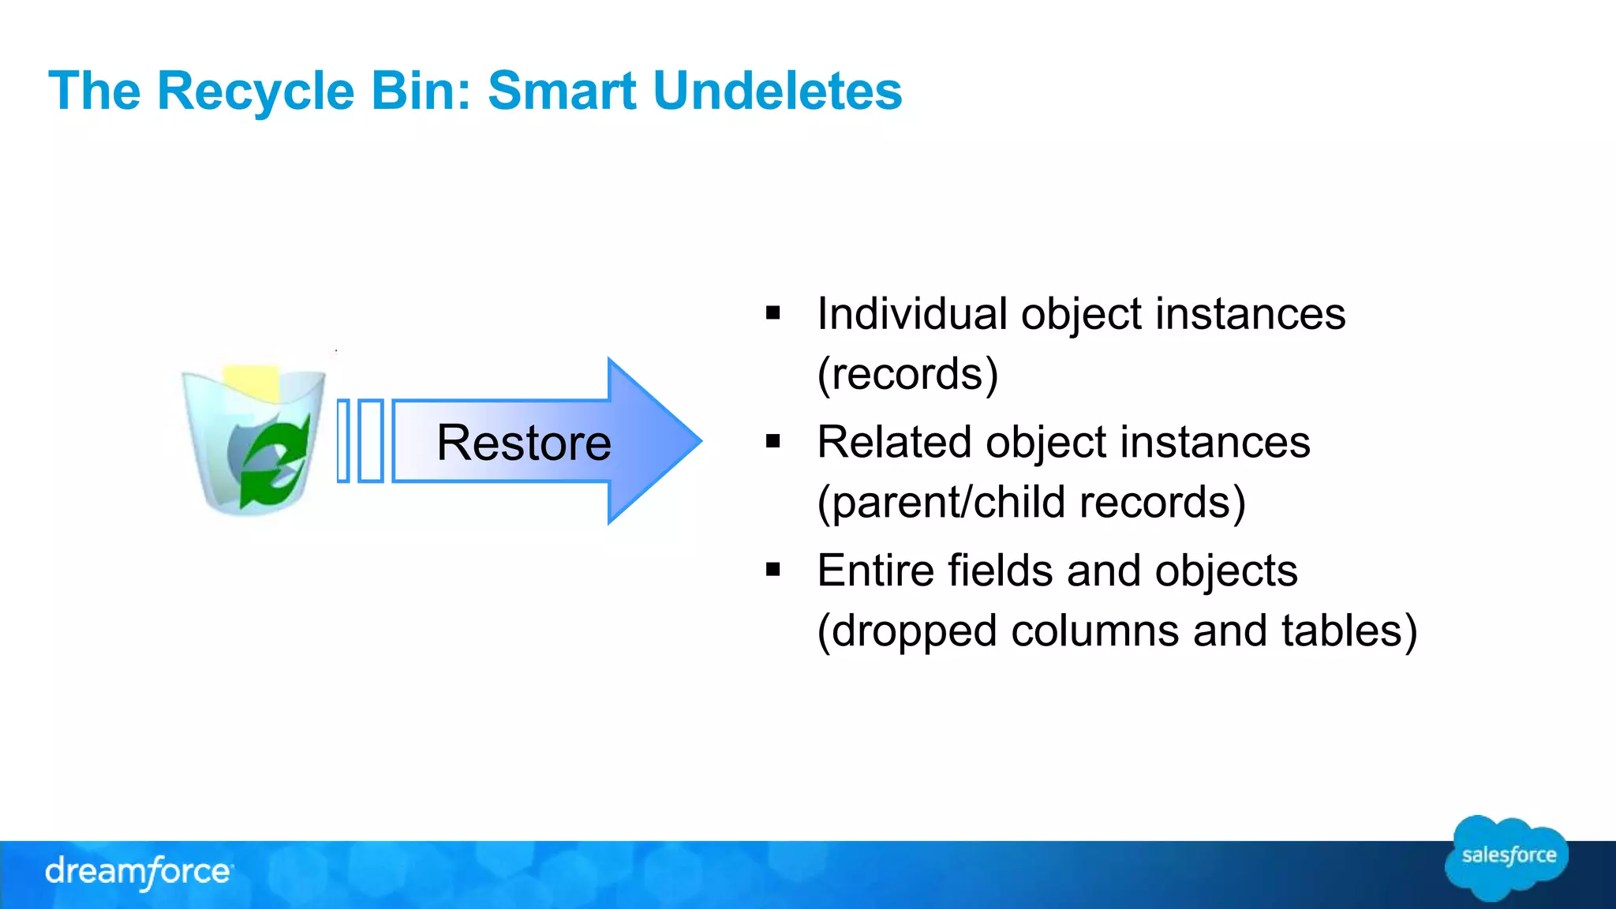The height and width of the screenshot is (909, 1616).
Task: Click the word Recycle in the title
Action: click(x=256, y=91)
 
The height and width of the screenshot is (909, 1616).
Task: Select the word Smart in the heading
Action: click(x=562, y=91)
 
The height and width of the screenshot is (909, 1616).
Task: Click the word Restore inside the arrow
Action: click(x=523, y=443)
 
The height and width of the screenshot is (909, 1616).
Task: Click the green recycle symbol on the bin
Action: click(x=272, y=462)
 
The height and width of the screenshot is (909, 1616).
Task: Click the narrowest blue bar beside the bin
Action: click(x=343, y=441)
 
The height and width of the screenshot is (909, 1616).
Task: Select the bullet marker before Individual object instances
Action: click(x=772, y=314)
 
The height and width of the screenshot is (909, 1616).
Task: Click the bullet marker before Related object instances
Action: click(x=772, y=442)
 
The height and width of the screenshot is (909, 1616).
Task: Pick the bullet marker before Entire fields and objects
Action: click(x=772, y=570)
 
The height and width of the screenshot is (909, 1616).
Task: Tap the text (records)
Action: click(x=907, y=374)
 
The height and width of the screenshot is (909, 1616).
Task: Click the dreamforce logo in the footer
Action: click(x=139, y=872)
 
